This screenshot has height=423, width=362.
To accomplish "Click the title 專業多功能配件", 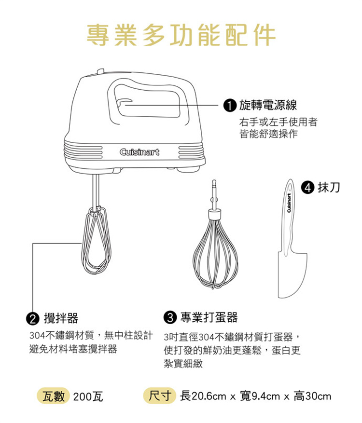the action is (x=181, y=35).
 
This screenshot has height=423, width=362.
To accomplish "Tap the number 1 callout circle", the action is (x=229, y=105).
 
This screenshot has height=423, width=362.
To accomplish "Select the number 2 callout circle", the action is (x=32, y=319).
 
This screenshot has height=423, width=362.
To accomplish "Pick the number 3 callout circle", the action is (x=170, y=317).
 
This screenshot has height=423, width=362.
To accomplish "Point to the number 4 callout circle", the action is (x=308, y=188).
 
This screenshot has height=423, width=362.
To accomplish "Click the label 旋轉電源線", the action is (x=268, y=105).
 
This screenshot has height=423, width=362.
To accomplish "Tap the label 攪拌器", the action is (x=61, y=318).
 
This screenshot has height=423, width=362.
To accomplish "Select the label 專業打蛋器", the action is (x=209, y=317).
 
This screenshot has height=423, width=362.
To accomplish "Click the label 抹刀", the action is (x=329, y=187).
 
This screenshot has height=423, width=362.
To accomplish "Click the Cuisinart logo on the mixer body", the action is (x=139, y=152).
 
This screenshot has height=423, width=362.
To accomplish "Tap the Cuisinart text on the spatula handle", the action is (x=289, y=203).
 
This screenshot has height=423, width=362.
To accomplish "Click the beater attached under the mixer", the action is (x=96, y=240).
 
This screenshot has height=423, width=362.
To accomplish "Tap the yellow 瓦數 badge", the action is (x=54, y=396).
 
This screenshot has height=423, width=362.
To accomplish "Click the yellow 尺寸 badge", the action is (x=160, y=396).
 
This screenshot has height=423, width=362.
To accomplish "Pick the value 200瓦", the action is (x=88, y=397).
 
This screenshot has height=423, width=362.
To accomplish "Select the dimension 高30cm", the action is (x=312, y=396).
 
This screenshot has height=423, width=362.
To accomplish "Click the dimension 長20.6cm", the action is (x=203, y=396).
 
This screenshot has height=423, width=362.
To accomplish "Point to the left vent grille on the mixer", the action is (x=83, y=152).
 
